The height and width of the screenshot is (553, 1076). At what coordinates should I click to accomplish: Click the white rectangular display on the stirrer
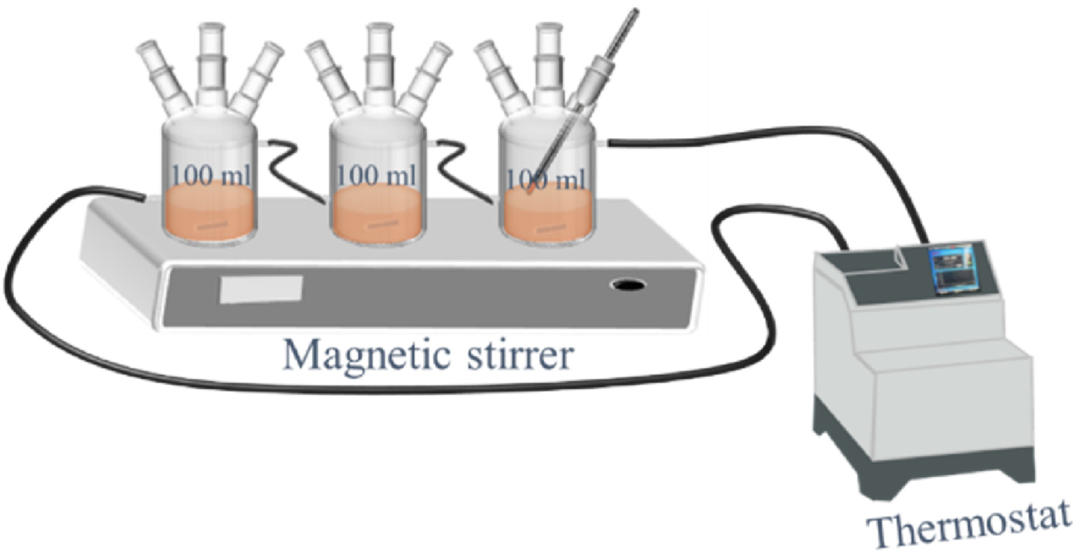point(261,289)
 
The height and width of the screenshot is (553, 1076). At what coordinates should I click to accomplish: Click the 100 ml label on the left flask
point(211,175)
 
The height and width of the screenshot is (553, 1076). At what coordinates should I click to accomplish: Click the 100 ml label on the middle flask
point(377,175)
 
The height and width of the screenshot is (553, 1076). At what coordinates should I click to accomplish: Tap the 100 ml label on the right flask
point(545,179)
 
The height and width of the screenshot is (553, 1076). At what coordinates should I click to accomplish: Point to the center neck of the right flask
point(547,61)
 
